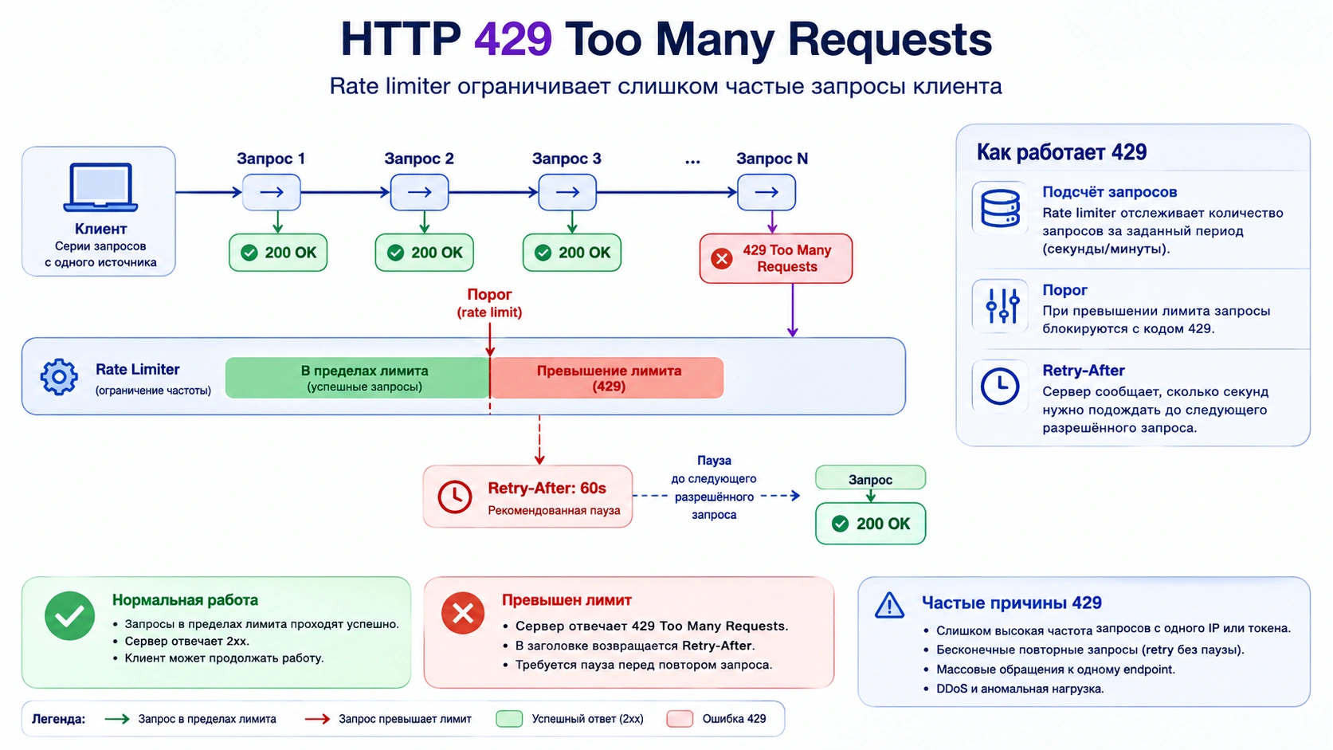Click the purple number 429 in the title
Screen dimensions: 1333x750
pos(513,39)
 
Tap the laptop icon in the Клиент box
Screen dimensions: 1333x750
pos(100,187)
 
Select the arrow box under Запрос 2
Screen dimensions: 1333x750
pos(420,192)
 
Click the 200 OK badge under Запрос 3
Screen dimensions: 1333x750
pos(572,253)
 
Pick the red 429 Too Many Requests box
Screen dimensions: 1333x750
pos(776,258)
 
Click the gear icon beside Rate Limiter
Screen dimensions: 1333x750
pos(59,377)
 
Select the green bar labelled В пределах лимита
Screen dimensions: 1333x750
pos(358,378)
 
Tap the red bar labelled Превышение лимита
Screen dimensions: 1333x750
pos(607,378)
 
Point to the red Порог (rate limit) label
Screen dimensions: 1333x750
pos(489,303)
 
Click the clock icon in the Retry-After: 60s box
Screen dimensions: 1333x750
pos(455,497)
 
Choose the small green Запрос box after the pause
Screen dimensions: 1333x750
pos(870,478)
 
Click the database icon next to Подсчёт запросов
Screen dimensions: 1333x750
pos(1000,208)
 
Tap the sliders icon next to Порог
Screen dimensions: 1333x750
pos(1002,306)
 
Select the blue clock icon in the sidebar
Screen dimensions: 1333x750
pos(1000,387)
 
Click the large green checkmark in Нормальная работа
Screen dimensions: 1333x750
pos(69,615)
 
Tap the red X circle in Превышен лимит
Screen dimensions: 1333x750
pos(463,613)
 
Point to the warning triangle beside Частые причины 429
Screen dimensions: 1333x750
pos(890,606)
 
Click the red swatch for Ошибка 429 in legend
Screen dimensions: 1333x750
pos(680,719)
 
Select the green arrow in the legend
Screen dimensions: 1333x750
pos(117,719)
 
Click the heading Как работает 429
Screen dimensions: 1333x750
pos(1061,152)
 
